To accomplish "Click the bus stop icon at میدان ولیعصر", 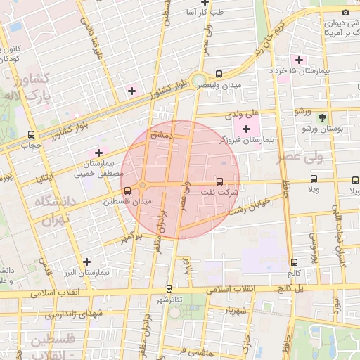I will (x=219, y=74).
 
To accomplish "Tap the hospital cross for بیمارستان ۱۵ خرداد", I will (x=300, y=60).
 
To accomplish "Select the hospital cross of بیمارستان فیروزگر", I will (x=245, y=129).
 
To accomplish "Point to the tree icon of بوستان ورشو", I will (x=322, y=117).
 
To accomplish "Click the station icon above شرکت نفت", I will (x=219, y=180).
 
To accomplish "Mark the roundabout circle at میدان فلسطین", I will (x=142, y=186).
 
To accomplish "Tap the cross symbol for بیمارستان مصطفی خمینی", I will (x=98, y=153).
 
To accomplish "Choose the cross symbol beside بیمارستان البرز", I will (x=86, y=261).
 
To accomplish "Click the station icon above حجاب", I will (x=31, y=134).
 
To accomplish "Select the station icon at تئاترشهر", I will (x=168, y=288).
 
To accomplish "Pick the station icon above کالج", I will (x=293, y=262).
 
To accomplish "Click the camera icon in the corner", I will (x=345, y=13).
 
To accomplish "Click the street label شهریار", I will (x=233, y=310).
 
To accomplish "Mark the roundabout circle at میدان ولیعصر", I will (x=199, y=80).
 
